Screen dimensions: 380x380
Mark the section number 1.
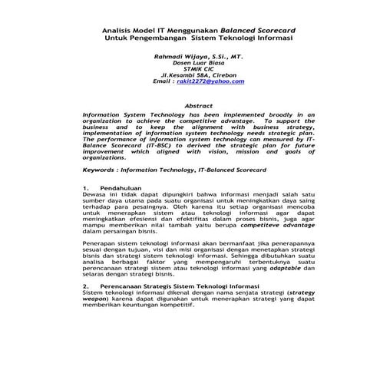click(x=84, y=189)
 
